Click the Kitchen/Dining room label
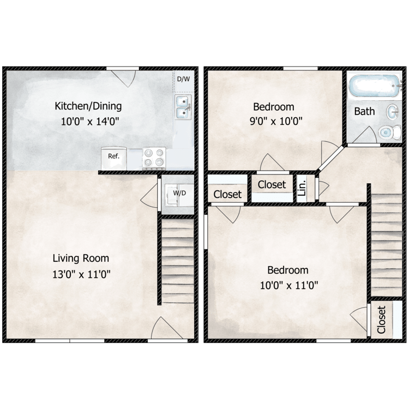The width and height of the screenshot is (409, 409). click(88, 106)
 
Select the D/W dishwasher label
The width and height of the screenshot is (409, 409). click(183, 79)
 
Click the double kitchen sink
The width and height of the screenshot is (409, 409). click(183, 107)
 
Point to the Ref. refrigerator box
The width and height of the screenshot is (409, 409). click(113, 156)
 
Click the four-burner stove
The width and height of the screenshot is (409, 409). click(154, 158)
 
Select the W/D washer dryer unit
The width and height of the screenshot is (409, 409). click(178, 194)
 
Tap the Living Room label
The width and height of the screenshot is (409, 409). click(81, 258)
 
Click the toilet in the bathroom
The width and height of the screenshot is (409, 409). click(388, 131)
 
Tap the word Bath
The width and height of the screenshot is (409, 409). click(364, 111)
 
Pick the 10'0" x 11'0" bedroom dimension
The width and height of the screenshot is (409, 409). click(287, 285)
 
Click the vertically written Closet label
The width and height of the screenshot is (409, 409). click(381, 320)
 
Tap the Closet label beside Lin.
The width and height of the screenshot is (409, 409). click(272, 185)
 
